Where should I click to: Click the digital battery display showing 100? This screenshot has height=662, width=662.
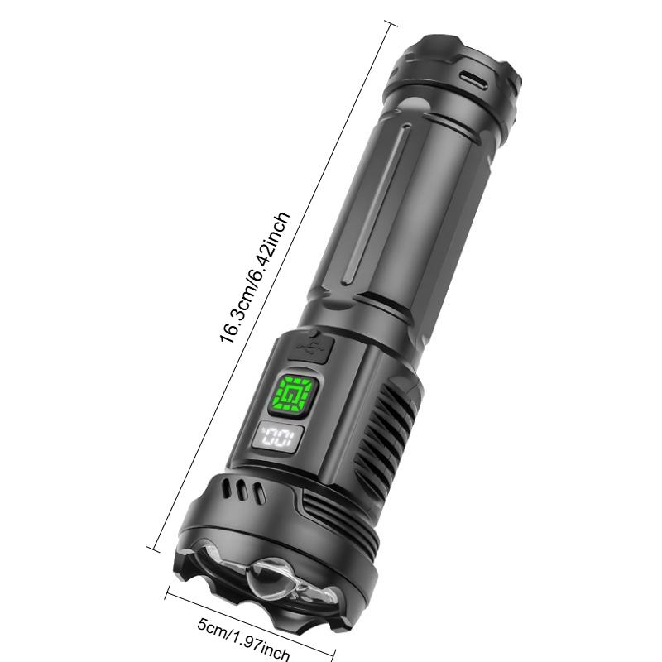[277, 436]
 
